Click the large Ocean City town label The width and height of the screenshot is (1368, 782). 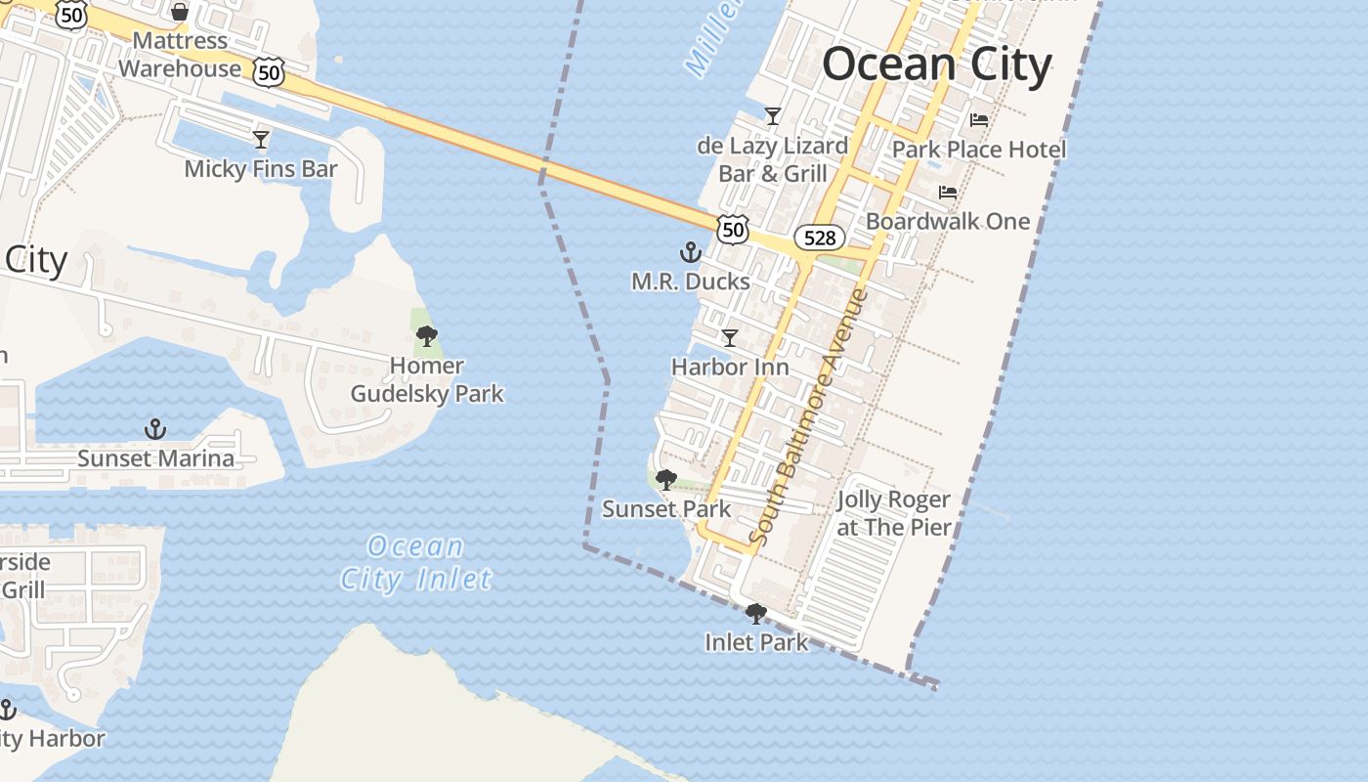(x=936, y=65)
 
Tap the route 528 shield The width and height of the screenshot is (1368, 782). (x=819, y=237)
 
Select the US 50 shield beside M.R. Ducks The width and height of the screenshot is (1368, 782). (x=732, y=230)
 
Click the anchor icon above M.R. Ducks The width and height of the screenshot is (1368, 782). (x=691, y=253)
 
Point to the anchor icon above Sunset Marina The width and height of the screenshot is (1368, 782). (x=154, y=429)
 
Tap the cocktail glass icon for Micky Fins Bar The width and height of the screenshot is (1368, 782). (x=261, y=140)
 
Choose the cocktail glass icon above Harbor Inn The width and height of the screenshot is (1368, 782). (x=729, y=338)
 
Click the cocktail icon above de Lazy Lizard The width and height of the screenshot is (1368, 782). (x=773, y=116)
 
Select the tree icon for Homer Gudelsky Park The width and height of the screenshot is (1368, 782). (x=427, y=337)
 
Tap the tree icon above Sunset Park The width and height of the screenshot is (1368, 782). (x=666, y=480)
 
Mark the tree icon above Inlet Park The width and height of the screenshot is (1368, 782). (x=755, y=614)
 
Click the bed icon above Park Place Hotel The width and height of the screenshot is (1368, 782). (x=979, y=120)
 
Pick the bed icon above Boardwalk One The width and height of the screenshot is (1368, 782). (x=948, y=193)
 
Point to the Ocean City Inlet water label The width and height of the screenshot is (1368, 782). (x=416, y=563)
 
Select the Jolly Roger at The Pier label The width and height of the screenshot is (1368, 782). (x=894, y=513)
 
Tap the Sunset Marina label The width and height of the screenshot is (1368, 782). (x=156, y=458)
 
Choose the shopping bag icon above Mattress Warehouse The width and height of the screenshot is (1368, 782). (x=180, y=12)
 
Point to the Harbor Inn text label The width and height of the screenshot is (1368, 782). (x=730, y=368)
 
